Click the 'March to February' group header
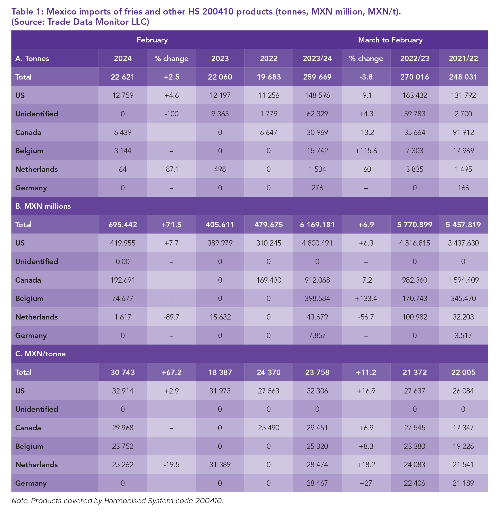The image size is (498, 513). (390, 40)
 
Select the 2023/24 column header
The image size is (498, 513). (317, 58)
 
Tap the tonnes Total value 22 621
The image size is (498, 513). (122, 77)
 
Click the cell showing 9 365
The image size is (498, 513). (220, 114)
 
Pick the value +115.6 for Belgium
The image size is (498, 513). (366, 151)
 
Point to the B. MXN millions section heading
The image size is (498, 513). (43, 206)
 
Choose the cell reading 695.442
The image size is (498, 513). (122, 225)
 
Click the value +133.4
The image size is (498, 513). (366, 298)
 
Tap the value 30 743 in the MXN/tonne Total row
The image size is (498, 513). (122, 372)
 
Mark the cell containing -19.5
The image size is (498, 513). (171, 465)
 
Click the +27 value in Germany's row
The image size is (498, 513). (366, 483)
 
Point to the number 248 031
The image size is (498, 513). (463, 77)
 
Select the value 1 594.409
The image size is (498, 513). (463, 280)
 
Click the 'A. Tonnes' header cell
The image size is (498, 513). (32, 58)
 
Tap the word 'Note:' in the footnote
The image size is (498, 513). (20, 501)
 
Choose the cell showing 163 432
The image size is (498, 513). (414, 95)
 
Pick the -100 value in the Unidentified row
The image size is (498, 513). (171, 114)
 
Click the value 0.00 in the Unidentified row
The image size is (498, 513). (122, 261)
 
